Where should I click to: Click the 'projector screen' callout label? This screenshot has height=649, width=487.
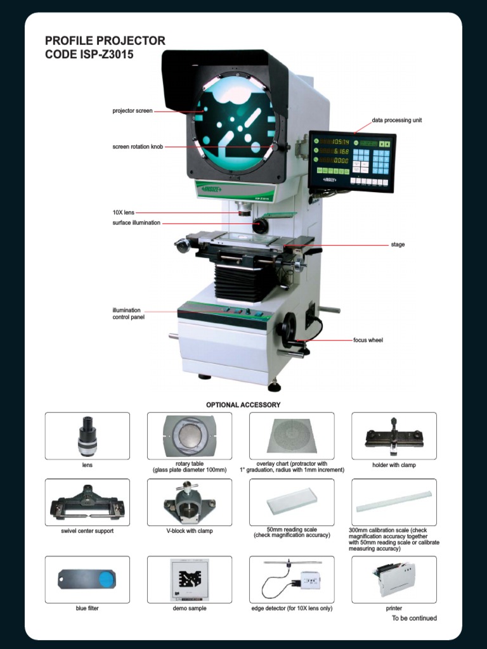(x=133, y=111)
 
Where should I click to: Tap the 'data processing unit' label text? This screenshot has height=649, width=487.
(x=397, y=120)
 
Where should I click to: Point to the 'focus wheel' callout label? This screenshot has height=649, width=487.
(x=368, y=340)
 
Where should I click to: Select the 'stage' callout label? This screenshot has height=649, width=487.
(x=398, y=244)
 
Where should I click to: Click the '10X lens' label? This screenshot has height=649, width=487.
(x=123, y=212)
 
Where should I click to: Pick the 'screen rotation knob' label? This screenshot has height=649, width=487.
(x=138, y=146)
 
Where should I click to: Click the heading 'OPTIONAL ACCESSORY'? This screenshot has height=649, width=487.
(x=243, y=404)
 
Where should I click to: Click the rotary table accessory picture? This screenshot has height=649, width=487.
(x=190, y=436)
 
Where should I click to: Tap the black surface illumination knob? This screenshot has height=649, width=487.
(x=260, y=225)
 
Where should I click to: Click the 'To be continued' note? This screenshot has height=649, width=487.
(x=414, y=618)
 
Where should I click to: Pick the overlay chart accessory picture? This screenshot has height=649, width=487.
(x=292, y=436)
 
